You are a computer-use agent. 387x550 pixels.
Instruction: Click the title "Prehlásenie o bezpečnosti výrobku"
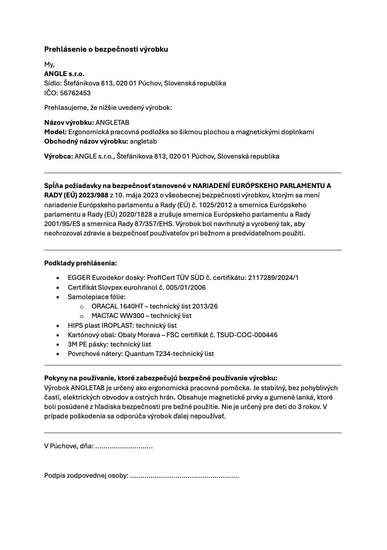tap(106, 49)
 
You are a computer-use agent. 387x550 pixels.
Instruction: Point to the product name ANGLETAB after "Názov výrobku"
tap(112, 122)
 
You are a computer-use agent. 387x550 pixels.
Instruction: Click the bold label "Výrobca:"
tap(58, 156)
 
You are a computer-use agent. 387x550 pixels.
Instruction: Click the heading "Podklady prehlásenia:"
tap(80, 263)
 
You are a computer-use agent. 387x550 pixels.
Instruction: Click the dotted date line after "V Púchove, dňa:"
tap(124, 446)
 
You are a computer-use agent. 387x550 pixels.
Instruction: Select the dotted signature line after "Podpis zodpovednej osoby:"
tap(184, 476)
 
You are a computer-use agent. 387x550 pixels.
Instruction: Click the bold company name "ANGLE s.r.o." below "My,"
tap(64, 74)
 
